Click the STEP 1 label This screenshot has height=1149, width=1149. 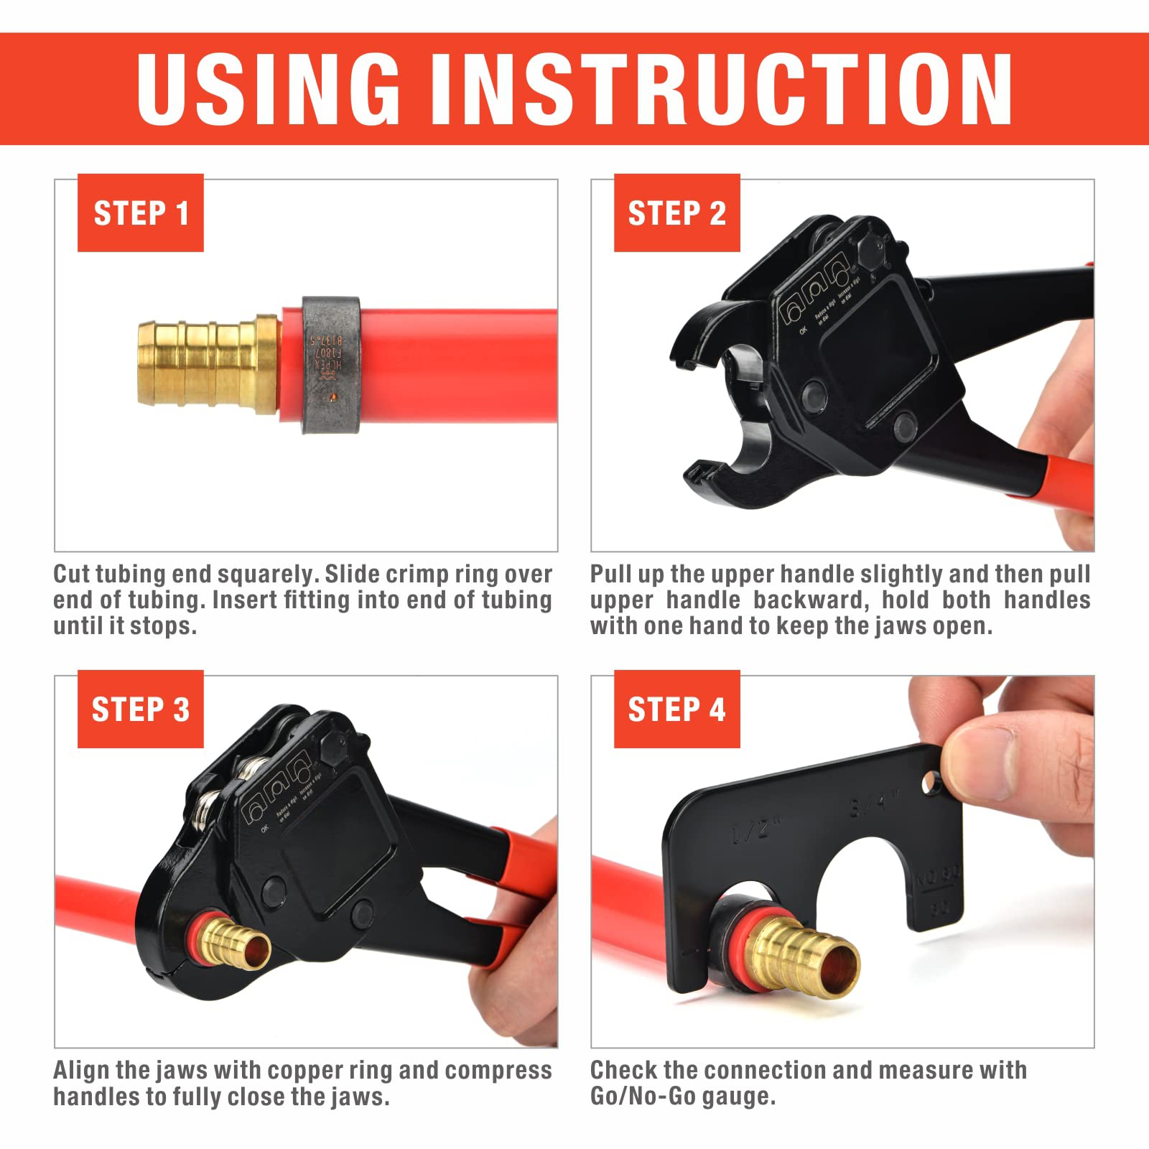(x=141, y=213)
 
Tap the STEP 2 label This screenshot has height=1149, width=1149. (x=676, y=213)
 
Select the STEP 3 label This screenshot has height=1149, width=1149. (x=141, y=710)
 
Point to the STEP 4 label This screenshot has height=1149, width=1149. (x=676, y=710)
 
